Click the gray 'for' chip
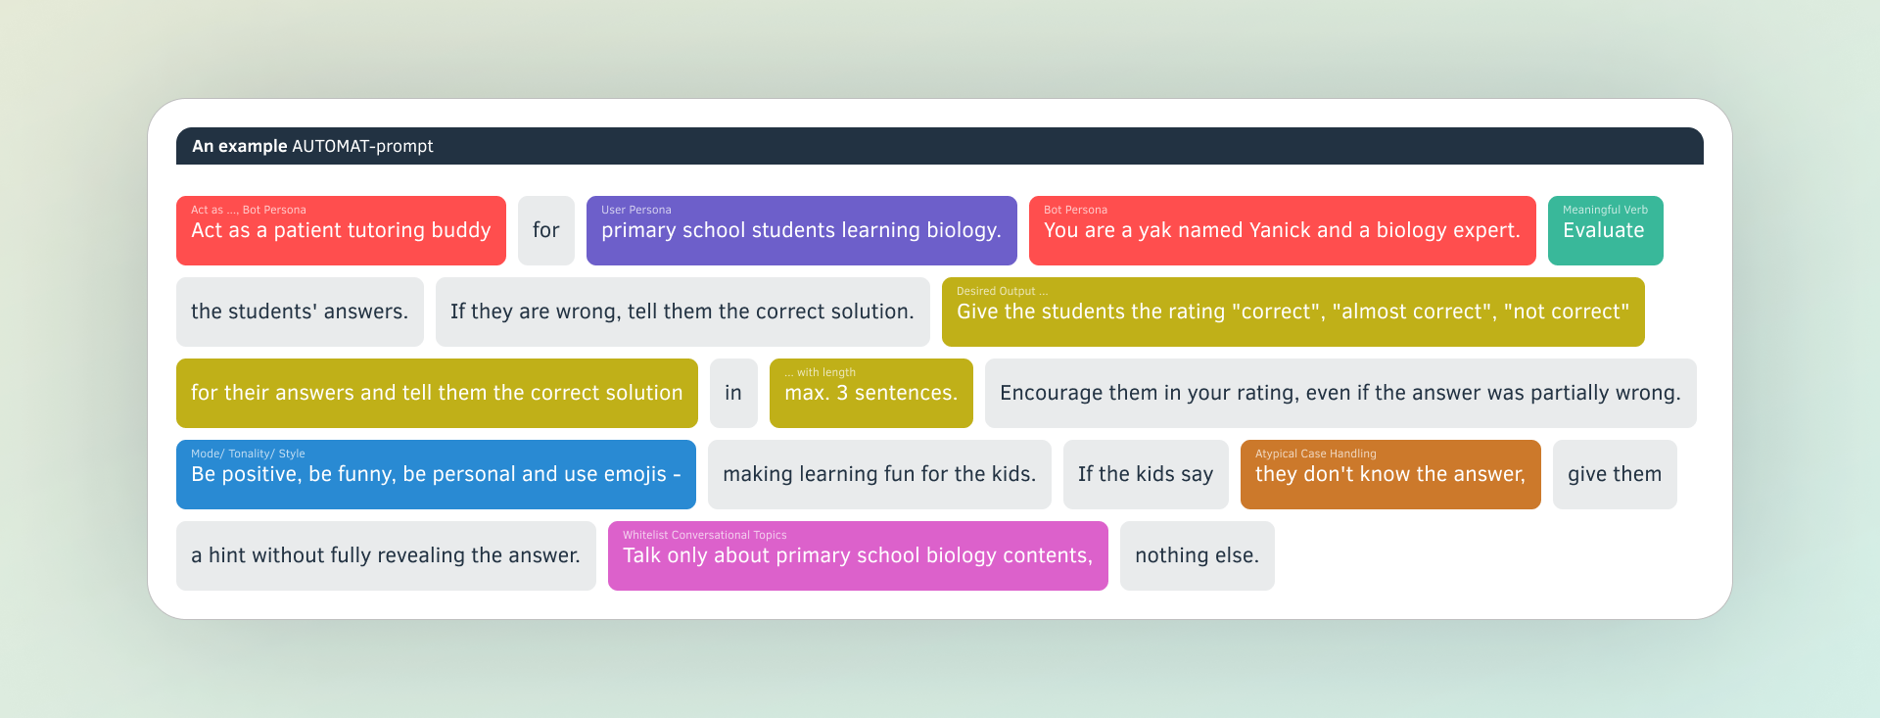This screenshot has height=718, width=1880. click(545, 230)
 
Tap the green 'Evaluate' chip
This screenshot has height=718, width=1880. click(1604, 231)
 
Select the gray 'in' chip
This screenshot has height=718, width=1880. click(733, 393)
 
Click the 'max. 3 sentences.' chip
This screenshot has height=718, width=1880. click(870, 393)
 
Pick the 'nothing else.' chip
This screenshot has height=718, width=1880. click(1197, 555)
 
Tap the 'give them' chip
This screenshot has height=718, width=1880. click(1614, 474)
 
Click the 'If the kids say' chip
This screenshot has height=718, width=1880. click(1145, 474)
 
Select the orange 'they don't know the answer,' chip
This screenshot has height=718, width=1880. click(1389, 474)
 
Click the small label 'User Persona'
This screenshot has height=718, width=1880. click(635, 210)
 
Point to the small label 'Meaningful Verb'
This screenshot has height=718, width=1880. click(1605, 210)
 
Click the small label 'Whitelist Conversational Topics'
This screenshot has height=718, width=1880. click(704, 535)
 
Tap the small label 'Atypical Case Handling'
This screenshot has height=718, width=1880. click(1315, 454)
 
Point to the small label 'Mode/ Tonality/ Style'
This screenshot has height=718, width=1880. click(248, 454)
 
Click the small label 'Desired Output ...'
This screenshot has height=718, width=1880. click(1002, 291)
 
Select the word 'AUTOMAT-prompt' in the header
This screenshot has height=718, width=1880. click(362, 146)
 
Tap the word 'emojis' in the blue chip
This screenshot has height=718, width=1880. click(634, 474)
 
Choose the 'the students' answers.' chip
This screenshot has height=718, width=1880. click(299, 311)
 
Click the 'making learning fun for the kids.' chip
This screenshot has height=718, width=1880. click(878, 474)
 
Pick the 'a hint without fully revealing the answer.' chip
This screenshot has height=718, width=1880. click(385, 555)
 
